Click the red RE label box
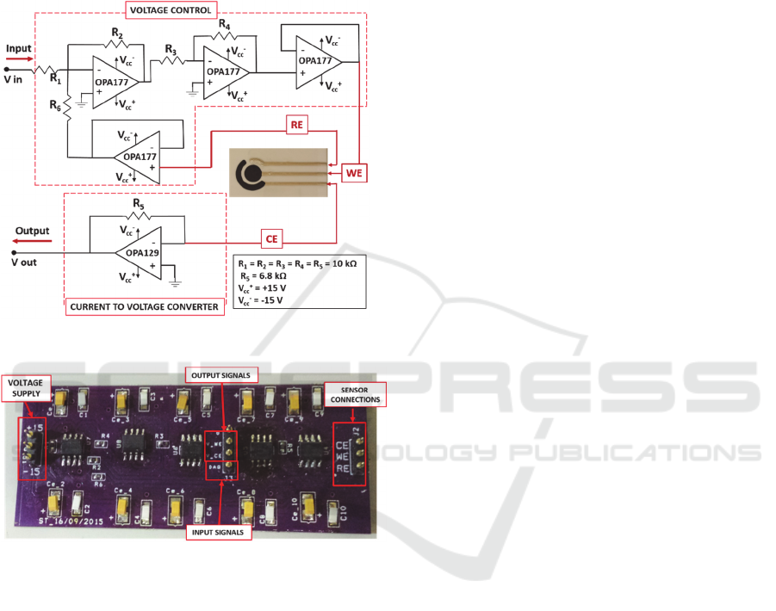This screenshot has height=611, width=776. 298,126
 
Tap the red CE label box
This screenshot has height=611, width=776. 273,236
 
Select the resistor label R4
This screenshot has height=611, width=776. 224,26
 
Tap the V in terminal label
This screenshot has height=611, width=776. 14,79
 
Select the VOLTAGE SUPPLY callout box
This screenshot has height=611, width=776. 27,386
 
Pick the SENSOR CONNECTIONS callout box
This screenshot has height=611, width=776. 352,393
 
